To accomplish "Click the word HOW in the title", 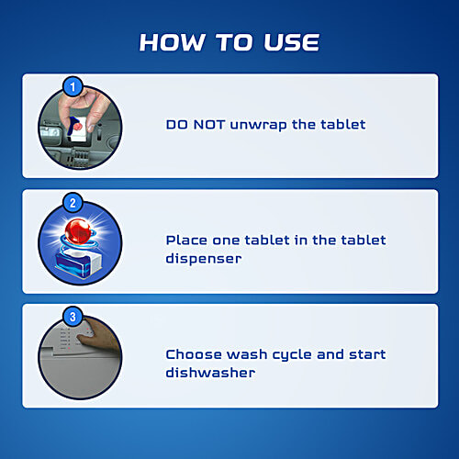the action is (x=173, y=42).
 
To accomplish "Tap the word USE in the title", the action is (x=292, y=42).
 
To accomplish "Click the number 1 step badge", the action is (x=73, y=86).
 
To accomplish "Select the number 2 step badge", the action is (x=73, y=203).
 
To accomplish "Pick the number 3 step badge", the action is (x=73, y=317).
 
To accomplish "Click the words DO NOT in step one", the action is (x=196, y=125).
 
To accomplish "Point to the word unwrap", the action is (x=259, y=126).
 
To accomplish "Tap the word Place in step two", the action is (x=186, y=241).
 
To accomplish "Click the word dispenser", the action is (x=204, y=259).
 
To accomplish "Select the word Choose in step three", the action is (x=194, y=354).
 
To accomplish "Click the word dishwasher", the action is (x=210, y=373).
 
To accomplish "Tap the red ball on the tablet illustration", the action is (x=78, y=231).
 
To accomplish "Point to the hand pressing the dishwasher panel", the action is (x=98, y=337).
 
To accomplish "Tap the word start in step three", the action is (x=367, y=354).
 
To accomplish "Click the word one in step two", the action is (x=226, y=241).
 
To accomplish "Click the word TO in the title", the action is (x=235, y=42).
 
